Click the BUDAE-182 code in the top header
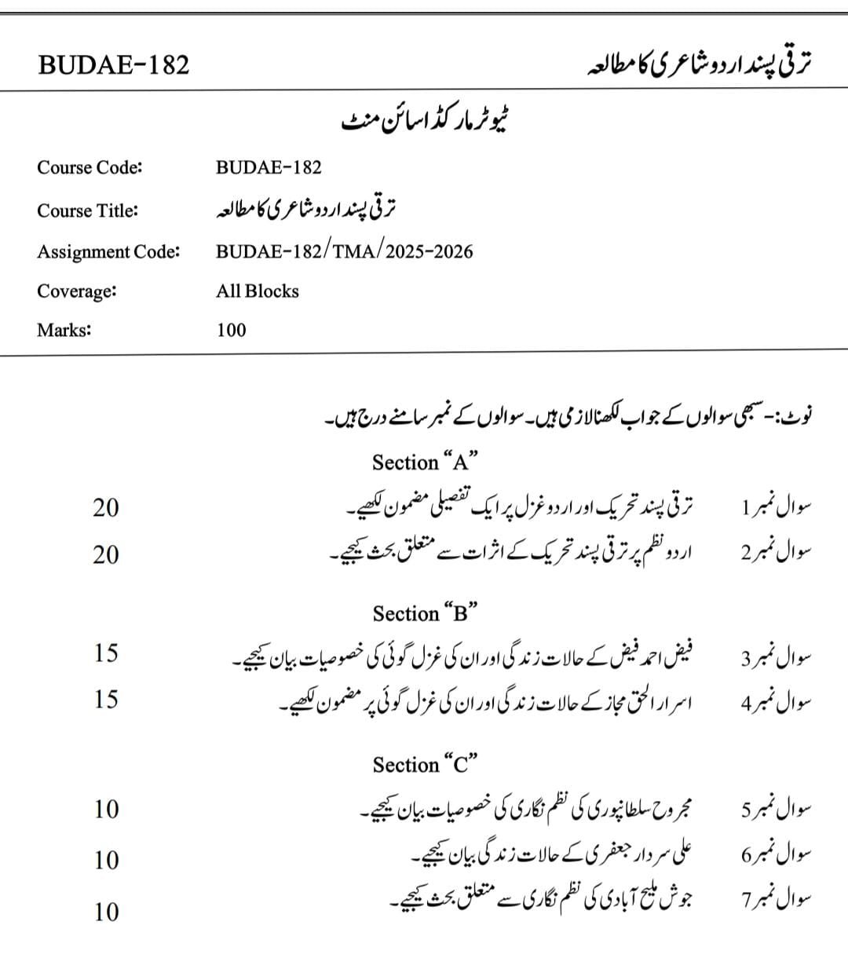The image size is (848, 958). coord(114,64)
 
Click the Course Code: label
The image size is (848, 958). coord(90,167)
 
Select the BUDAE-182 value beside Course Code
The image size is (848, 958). coord(269,167)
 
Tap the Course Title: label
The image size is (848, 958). coord(87,210)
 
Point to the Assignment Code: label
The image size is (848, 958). coord(108,252)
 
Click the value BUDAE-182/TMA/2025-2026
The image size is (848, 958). coord(345,251)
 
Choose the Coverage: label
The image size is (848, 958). coord(77,291)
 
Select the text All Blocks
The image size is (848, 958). coord(258,291)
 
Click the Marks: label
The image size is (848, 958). coord(64,330)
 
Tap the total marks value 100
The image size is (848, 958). coord(232,330)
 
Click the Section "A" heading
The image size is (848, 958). coord(426,462)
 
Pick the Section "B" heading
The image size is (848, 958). coord(426,612)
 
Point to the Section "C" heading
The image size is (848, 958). coord(426,764)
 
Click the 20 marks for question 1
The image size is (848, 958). coord(106,508)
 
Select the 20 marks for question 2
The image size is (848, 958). coord(106,555)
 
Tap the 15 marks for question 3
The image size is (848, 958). coord(106,653)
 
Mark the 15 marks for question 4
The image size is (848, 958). coord(106,699)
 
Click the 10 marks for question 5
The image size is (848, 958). coord(106,809)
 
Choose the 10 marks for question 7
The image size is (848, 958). coord(106,912)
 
